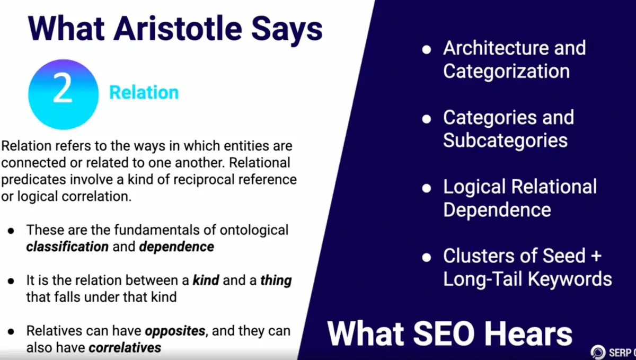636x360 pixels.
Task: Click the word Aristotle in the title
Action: point(178,29)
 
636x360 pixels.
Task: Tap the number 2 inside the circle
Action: point(63,87)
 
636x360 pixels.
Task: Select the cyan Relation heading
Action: point(144,92)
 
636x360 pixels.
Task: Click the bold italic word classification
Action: point(67,247)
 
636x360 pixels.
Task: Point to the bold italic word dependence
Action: point(176,247)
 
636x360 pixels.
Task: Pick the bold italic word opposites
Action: point(175,331)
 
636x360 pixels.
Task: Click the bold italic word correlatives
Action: point(125,348)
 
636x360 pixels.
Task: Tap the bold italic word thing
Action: point(276,280)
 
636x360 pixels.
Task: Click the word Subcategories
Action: point(506,140)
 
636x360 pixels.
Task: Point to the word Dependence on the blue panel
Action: point(497,210)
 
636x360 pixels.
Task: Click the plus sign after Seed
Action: point(597,256)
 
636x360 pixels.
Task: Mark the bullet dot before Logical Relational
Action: point(427,188)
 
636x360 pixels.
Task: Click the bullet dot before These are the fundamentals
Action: point(11,231)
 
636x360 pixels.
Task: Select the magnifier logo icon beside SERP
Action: point(598,352)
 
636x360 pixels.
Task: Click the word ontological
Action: point(254,231)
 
